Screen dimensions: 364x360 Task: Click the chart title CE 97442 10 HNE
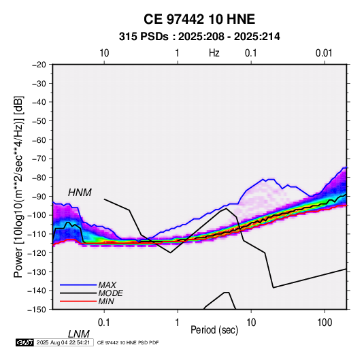click(x=199, y=19)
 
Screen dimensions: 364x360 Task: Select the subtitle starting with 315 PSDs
click(x=199, y=37)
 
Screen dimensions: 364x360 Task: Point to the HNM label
click(x=80, y=193)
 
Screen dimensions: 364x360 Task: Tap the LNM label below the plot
click(x=79, y=334)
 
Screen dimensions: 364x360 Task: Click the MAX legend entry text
click(x=107, y=284)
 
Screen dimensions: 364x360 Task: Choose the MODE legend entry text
click(x=110, y=293)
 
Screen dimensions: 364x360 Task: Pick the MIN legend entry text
click(x=106, y=301)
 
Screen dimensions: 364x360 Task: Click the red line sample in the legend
click(x=78, y=301)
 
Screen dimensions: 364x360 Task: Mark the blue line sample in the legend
click(x=78, y=284)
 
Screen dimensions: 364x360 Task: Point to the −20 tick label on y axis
click(x=39, y=65)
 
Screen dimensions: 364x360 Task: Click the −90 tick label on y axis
click(x=39, y=197)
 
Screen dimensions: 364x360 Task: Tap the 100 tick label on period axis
click(x=325, y=323)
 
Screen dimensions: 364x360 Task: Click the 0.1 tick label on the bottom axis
click(x=104, y=323)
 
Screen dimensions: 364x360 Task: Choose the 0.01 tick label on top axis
click(x=324, y=53)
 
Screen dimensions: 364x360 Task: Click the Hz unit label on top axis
click(x=214, y=53)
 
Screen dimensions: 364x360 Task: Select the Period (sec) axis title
click(x=214, y=330)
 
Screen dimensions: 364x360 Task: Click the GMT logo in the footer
click(x=25, y=342)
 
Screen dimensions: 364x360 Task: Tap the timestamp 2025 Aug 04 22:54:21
click(x=63, y=342)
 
